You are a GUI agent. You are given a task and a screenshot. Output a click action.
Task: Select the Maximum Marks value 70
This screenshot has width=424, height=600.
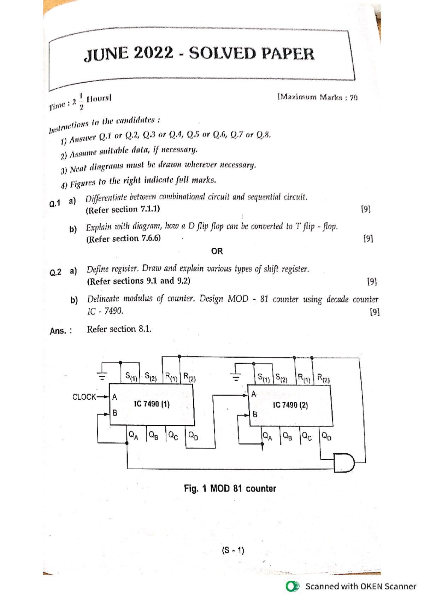pyautogui.click(x=354, y=98)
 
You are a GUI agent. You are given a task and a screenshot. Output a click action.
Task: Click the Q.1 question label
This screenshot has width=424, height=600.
pyautogui.click(x=55, y=204)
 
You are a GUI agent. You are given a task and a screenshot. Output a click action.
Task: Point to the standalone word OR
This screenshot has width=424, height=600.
pyautogui.click(x=217, y=251)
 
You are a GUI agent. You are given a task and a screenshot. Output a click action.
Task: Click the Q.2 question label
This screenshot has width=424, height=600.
pyautogui.click(x=55, y=272)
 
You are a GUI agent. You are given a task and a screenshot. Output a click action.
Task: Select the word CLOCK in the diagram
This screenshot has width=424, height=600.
pyautogui.click(x=84, y=397)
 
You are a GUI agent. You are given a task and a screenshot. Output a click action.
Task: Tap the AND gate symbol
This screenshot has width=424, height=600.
pyautogui.click(x=344, y=463)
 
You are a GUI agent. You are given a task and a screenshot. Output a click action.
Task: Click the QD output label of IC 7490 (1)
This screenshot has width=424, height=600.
pyautogui.click(x=193, y=435)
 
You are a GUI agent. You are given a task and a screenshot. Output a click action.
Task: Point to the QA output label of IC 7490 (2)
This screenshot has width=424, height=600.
pyautogui.click(x=267, y=436)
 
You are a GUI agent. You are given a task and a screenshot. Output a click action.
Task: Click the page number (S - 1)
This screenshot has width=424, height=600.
pyautogui.click(x=233, y=551)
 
